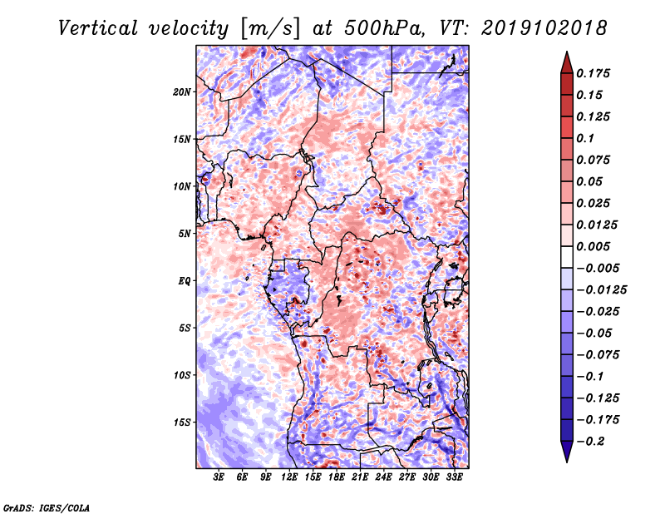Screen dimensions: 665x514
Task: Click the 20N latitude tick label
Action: coord(182,92)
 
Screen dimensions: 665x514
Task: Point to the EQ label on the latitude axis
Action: coord(185,281)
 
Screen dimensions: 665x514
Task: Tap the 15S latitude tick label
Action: coord(182,423)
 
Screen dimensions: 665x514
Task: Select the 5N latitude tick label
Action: coord(185,234)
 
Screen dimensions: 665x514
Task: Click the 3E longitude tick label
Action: coord(219,477)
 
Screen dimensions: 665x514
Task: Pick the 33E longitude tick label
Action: coord(454,477)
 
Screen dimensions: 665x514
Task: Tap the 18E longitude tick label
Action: coord(337,477)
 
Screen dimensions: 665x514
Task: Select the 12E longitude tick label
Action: coord(289,477)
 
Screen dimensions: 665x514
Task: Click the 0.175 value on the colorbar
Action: coord(593,73)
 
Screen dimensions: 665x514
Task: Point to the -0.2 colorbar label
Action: coord(590,442)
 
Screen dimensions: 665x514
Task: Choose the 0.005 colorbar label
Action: coord(593,246)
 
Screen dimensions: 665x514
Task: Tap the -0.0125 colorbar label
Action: coord(601,290)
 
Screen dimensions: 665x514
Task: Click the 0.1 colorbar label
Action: coord(585,138)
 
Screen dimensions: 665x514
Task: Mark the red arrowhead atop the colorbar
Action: coord(567,62)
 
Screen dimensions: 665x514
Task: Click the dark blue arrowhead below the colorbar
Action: coord(567,452)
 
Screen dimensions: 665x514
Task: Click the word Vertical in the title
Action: coord(98,28)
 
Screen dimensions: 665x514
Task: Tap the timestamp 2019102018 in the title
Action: coord(544,28)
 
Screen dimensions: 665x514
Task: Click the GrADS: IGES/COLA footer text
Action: coord(47,507)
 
